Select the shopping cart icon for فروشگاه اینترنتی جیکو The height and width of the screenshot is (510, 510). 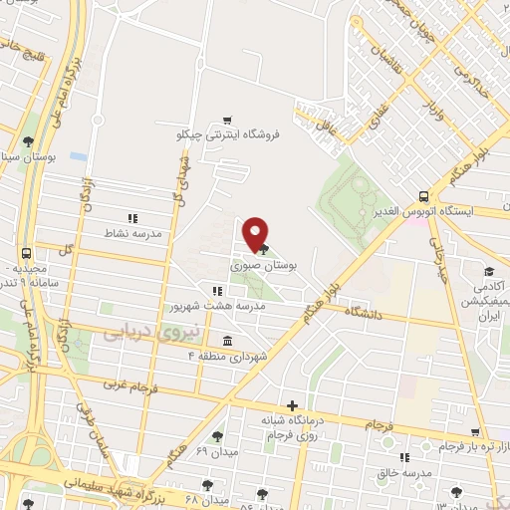point(229,119)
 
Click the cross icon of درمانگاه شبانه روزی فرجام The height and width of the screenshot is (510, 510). point(291,405)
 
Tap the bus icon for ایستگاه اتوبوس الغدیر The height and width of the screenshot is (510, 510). point(425,196)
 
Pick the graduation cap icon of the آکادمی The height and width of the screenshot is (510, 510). point(489,272)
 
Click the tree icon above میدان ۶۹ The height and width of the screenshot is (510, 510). point(217,436)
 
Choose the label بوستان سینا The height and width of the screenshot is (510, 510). point(40,157)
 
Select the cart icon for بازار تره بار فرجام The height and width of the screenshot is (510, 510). point(477,432)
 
